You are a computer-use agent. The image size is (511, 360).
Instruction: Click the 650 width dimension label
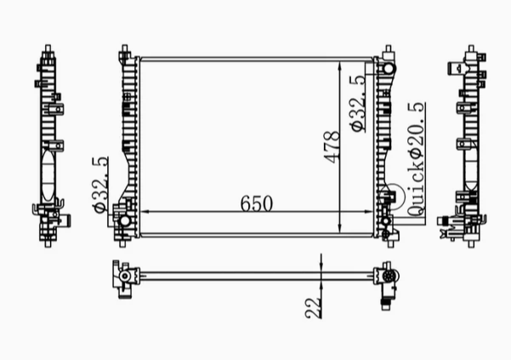point(256,203)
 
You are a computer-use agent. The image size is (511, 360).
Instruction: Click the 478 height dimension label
point(332,146)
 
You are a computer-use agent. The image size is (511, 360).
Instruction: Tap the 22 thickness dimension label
point(313,307)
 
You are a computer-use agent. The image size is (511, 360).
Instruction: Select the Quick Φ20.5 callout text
point(416,159)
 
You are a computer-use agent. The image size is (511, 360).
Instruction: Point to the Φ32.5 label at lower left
point(100,185)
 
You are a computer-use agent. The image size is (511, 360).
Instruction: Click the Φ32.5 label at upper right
point(357,103)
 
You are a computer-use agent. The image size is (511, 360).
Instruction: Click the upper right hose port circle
point(389,69)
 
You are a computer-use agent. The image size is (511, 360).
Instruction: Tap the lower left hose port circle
point(124,220)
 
